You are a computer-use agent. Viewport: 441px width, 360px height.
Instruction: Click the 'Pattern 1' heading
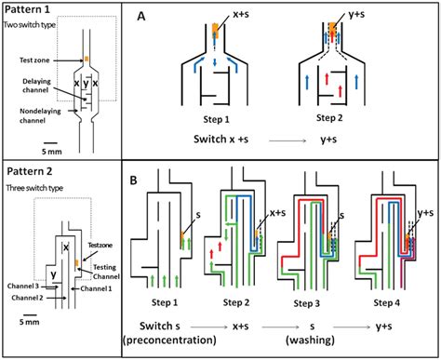[27, 9]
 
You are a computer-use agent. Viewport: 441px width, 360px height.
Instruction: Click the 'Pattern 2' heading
[30, 171]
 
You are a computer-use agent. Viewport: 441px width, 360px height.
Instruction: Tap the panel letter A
[141, 16]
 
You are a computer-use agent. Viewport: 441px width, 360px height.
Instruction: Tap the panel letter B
[133, 180]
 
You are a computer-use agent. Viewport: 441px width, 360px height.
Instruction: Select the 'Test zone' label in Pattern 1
[34, 60]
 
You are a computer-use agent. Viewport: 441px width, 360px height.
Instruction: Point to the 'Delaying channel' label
[36, 86]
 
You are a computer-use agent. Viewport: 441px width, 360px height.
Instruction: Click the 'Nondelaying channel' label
[40, 115]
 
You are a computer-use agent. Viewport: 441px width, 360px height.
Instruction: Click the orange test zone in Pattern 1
[87, 59]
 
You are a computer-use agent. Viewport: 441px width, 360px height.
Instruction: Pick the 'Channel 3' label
[21, 286]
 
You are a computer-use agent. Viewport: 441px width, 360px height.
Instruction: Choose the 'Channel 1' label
[96, 288]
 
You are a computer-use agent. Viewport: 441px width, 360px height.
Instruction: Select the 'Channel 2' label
[27, 298]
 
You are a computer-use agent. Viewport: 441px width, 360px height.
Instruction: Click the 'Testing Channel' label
[106, 272]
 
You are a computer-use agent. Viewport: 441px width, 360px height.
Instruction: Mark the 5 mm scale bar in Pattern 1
[50, 143]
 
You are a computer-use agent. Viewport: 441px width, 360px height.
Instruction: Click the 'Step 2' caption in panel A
[329, 118]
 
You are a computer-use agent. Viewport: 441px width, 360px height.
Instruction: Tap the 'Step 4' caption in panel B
[386, 302]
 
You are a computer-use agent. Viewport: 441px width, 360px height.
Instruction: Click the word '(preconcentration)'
[169, 340]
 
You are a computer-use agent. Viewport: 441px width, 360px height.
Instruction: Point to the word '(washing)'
[310, 340]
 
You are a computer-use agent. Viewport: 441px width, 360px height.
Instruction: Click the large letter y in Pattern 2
[54, 274]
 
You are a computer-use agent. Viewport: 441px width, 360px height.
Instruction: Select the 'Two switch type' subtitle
[30, 25]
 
